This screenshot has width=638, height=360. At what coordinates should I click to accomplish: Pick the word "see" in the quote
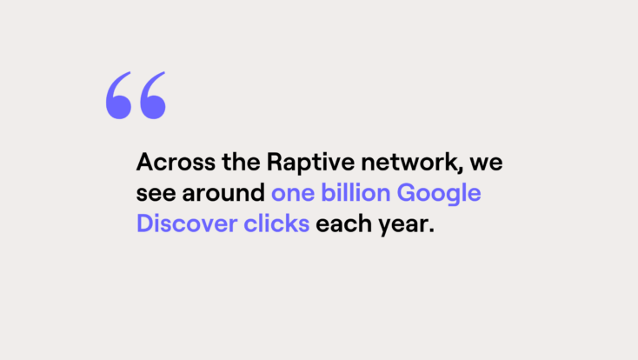point(154,194)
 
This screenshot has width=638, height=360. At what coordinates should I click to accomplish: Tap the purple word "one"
point(291,194)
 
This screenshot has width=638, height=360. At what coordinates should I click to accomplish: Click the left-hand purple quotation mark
point(118,96)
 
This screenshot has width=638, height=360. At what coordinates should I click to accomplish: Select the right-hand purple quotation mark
point(152,96)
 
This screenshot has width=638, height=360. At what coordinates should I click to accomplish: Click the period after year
point(429,230)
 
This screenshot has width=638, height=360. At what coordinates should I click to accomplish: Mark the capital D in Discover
point(143,223)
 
